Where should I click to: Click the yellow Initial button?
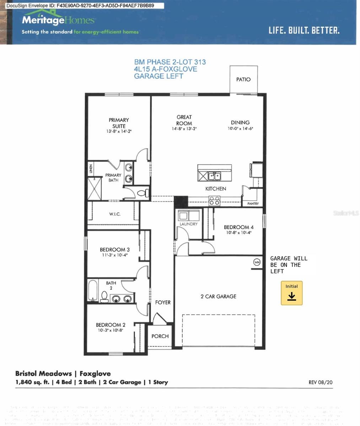[x=291, y=293]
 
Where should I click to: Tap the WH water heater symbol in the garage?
[x=257, y=262]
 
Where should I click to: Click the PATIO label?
[x=243, y=80]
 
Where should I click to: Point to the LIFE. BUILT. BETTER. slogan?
[x=304, y=31]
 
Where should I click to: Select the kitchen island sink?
[x=214, y=176]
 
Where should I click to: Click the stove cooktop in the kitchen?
[x=214, y=201]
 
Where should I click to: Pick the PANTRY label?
[x=253, y=204]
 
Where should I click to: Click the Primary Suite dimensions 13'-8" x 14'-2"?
[x=119, y=131]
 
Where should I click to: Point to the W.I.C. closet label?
[x=114, y=214]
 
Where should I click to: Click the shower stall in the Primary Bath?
[x=95, y=189]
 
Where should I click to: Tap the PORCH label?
[x=160, y=336]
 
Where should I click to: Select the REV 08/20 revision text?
[x=321, y=382]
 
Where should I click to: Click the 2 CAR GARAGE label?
[x=218, y=296]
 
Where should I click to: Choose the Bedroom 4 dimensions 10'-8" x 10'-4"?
[x=238, y=233]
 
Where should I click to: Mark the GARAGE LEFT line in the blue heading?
[x=158, y=76]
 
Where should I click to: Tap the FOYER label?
[x=163, y=302]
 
